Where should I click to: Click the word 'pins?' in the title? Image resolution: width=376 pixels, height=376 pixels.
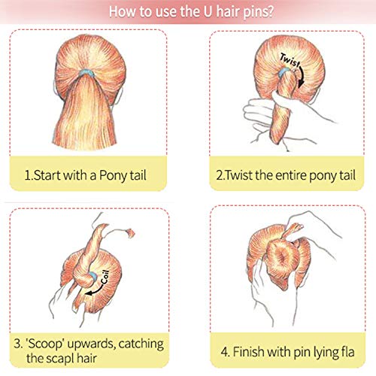(x=258, y=13)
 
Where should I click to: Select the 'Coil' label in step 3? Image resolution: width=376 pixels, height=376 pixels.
(x=105, y=277)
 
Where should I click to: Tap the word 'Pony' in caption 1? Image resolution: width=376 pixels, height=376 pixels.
(x=110, y=176)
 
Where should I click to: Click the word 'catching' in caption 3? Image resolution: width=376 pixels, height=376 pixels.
(x=141, y=344)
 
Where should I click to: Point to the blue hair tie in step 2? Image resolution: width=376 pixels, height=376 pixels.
(x=283, y=72)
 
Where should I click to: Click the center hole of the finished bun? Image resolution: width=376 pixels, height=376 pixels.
(x=284, y=257)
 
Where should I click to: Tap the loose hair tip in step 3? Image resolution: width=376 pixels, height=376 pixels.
(x=130, y=233)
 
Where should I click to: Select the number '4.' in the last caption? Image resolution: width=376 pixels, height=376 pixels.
(x=226, y=352)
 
